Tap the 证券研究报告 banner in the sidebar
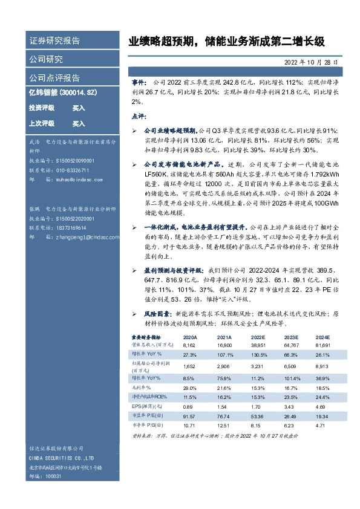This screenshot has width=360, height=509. click(54, 41)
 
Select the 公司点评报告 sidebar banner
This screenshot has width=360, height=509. click(54, 78)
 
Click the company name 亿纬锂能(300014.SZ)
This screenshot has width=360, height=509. click(63, 92)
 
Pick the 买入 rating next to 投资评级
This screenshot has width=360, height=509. click(79, 108)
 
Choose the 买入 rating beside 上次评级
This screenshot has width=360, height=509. click(79, 124)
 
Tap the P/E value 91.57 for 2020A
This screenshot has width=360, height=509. click(190, 418)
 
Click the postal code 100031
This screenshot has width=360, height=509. click(54, 477)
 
